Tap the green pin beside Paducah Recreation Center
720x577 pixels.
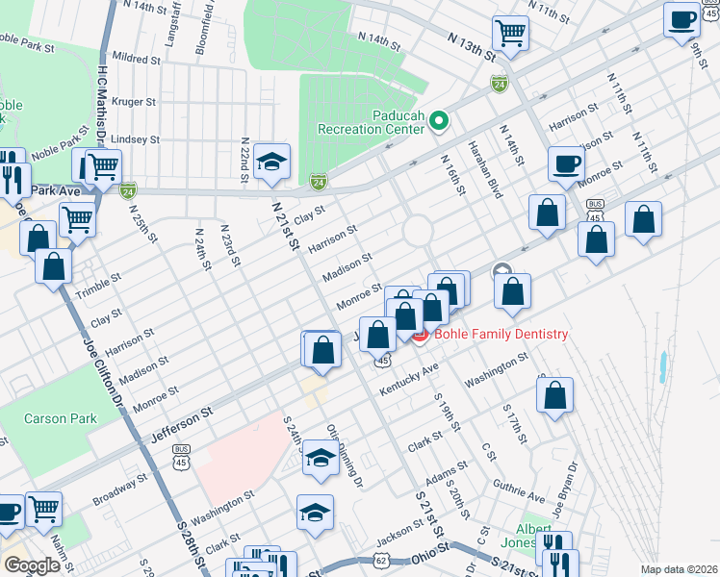click(x=439, y=121)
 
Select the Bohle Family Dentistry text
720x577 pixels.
click(x=501, y=334)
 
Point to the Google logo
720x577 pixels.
click(x=31, y=564)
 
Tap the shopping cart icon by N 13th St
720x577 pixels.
click(x=510, y=33)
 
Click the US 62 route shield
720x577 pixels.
click(x=381, y=558)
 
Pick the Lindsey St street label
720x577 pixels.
click(x=135, y=139)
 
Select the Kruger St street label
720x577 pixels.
click(x=134, y=101)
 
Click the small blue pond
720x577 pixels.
click(x=664, y=365)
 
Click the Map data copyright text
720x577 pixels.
click(x=678, y=569)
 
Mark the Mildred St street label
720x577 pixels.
click(x=137, y=59)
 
